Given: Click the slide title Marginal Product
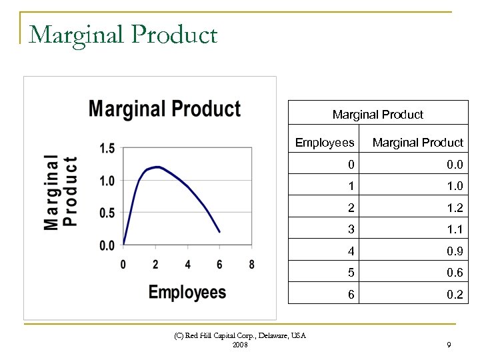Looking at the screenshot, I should [123, 34].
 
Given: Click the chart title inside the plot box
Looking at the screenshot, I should [165, 109].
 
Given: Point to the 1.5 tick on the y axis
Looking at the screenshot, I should [107, 148].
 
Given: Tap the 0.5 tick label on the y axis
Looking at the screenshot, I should [107, 213].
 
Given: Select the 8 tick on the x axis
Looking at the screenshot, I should [251, 265].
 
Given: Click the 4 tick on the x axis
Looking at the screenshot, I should [187, 265].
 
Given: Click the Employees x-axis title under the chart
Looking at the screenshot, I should [187, 292].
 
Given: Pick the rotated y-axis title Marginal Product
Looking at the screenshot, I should [61, 193].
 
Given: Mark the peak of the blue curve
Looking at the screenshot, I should [157, 167].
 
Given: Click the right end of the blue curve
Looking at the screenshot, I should [219, 232].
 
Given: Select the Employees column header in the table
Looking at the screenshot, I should [325, 143].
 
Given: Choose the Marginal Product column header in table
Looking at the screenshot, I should [417, 143].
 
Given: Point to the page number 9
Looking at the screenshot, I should [449, 345].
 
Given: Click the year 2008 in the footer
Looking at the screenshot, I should [241, 345].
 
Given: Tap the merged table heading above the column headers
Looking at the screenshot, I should [377, 115].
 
